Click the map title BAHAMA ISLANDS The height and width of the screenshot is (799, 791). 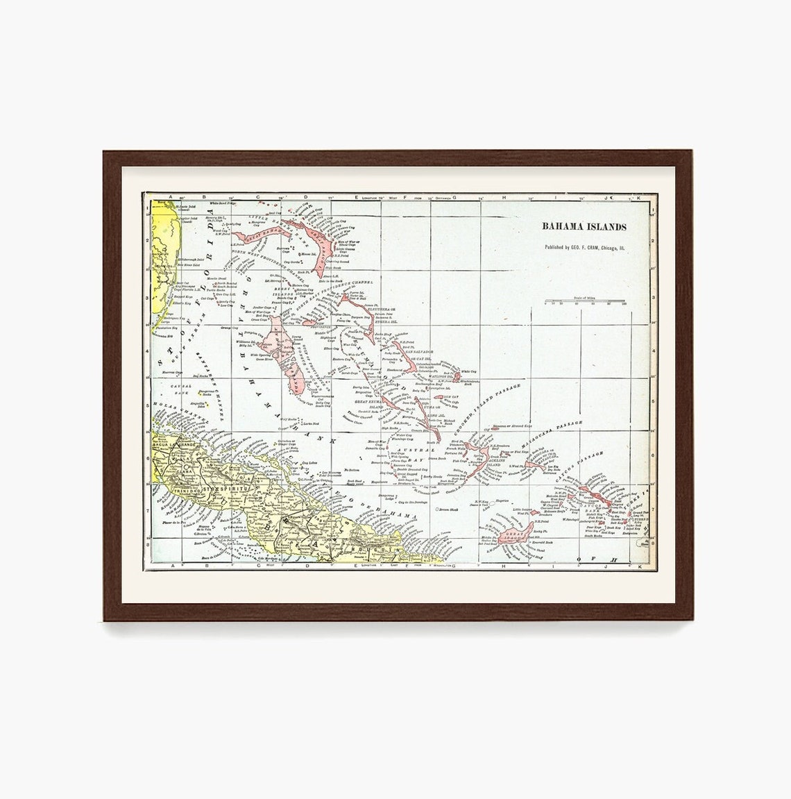(x=584, y=227)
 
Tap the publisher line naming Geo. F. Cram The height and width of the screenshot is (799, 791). (x=584, y=246)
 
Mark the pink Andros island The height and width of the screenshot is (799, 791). (x=285, y=354)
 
